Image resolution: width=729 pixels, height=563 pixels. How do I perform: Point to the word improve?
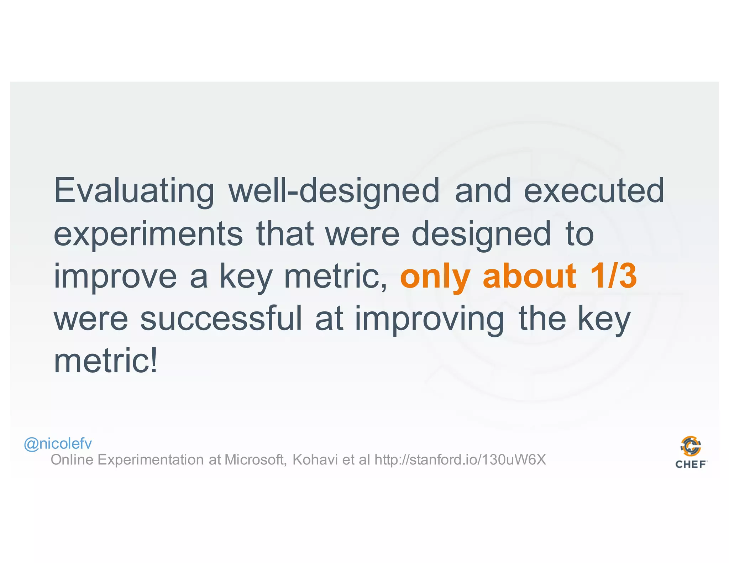click(115, 277)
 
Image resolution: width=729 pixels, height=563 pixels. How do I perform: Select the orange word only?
click(435, 277)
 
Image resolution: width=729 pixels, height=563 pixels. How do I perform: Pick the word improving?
click(429, 319)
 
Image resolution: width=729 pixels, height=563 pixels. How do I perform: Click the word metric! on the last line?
click(105, 361)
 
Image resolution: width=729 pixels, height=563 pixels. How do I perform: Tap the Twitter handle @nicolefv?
click(58, 444)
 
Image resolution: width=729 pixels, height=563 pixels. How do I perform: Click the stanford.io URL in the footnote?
click(460, 460)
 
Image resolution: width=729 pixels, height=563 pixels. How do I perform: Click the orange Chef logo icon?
click(691, 446)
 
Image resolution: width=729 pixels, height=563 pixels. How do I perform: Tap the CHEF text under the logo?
click(691, 464)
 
